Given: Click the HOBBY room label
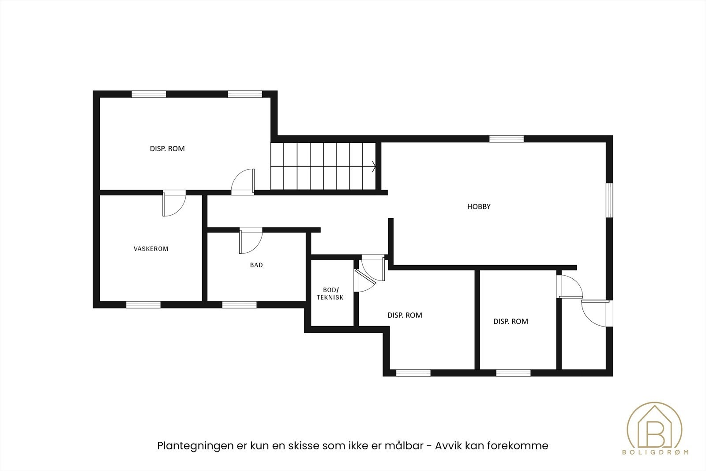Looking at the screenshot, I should pyautogui.click(x=479, y=206).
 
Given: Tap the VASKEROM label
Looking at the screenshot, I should pyautogui.click(x=151, y=249).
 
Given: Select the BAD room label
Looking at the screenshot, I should pyautogui.click(x=256, y=265).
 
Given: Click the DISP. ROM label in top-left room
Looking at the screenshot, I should pyautogui.click(x=167, y=149).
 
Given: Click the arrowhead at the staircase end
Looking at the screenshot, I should pyautogui.click(x=375, y=167).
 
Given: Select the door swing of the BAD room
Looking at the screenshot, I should pyautogui.click(x=250, y=242).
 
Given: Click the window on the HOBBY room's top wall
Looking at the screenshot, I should pyautogui.click(x=506, y=139).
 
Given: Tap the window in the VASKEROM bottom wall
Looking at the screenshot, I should pyautogui.click(x=143, y=304).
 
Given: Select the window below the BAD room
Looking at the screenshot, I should pyautogui.click(x=239, y=304).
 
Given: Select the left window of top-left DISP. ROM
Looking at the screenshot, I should pyautogui.click(x=149, y=94).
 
